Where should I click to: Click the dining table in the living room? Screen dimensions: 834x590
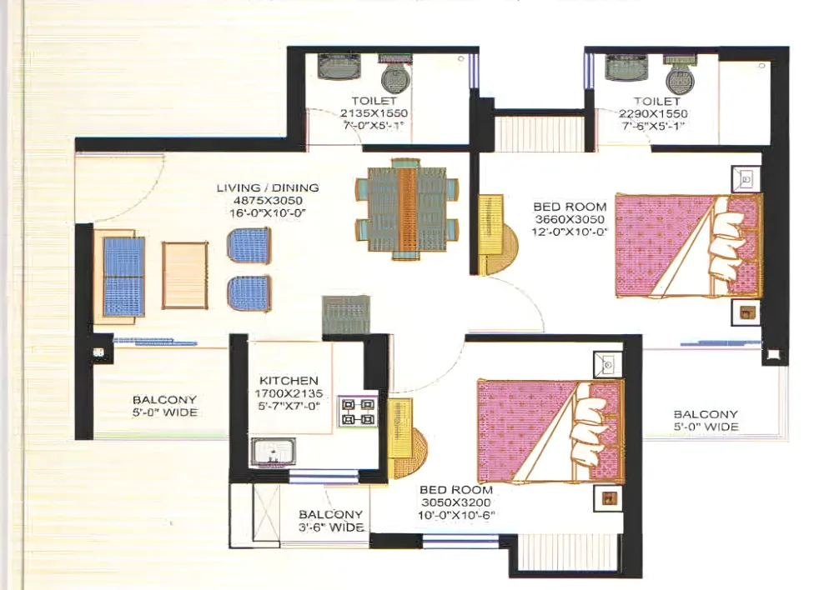tap(408, 208)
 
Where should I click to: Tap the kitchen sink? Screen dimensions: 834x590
tap(273, 452)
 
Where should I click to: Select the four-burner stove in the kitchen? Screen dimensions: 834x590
tap(358, 412)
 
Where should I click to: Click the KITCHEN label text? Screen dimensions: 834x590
tap(289, 381)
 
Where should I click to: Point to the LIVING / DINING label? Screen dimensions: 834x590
tap(268, 187)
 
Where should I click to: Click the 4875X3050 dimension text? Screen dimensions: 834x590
tap(268, 200)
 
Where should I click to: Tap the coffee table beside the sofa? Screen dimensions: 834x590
tap(184, 275)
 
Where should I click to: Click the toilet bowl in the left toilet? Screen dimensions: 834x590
tap(395, 74)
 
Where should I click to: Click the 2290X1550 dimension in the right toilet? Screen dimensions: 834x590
tap(653, 113)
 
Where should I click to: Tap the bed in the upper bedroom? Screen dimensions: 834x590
tap(689, 246)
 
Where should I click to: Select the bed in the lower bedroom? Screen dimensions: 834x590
tap(550, 432)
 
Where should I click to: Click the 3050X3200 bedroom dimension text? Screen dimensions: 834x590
tap(456, 502)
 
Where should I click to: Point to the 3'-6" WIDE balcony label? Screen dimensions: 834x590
tap(331, 527)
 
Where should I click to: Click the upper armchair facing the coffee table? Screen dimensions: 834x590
tap(249, 247)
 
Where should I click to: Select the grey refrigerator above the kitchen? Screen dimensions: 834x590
tap(346, 315)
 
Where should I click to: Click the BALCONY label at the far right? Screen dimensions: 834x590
tap(706, 414)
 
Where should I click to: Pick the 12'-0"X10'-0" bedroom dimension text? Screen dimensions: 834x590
tap(570, 232)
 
